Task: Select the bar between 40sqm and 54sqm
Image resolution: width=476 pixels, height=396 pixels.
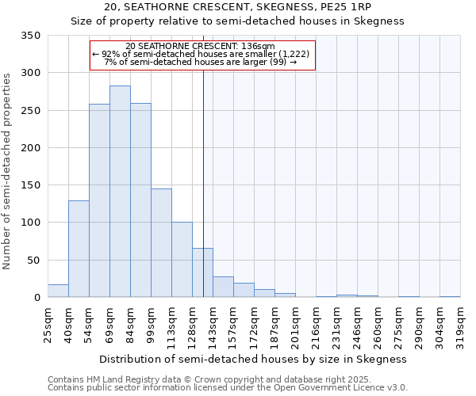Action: [x=79, y=249]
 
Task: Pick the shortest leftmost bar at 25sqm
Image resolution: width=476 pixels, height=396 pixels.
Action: [x=58, y=291]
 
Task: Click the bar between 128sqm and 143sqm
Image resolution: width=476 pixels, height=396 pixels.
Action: [x=202, y=273]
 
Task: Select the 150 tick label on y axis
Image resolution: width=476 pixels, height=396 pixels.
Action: [x=30, y=185]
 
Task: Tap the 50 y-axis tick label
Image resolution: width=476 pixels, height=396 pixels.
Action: [x=33, y=261]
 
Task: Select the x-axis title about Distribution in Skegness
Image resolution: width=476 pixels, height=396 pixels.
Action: [x=253, y=359]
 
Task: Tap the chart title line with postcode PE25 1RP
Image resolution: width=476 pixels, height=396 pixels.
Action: [x=237, y=7]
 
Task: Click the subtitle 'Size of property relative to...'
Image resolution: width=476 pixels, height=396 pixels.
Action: [x=237, y=21]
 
